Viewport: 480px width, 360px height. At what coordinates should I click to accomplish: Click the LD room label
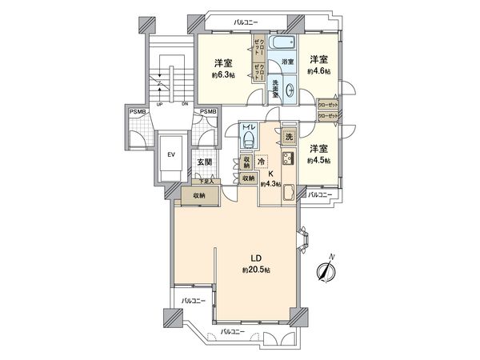(x=254, y=258)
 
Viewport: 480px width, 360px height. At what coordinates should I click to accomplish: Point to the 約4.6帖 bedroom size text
(x=319, y=71)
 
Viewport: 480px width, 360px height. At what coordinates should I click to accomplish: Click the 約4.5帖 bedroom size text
(x=319, y=160)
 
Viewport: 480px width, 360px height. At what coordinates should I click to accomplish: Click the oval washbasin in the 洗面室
(x=289, y=91)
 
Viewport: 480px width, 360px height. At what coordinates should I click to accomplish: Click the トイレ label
(x=249, y=126)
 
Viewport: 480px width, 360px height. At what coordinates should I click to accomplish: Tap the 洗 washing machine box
(x=288, y=136)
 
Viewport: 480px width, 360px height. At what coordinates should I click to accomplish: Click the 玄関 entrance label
(x=204, y=162)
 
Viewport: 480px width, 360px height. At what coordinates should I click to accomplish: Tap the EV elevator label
(x=170, y=155)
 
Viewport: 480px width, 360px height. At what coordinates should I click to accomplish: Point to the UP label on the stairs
(x=159, y=104)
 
